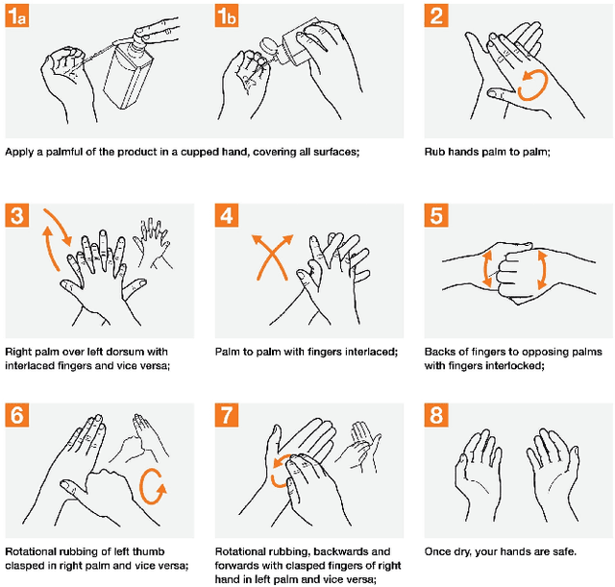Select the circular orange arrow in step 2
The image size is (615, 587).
pyautogui.click(x=530, y=86)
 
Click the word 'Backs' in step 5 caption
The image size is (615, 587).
pyautogui.click(x=440, y=352)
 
